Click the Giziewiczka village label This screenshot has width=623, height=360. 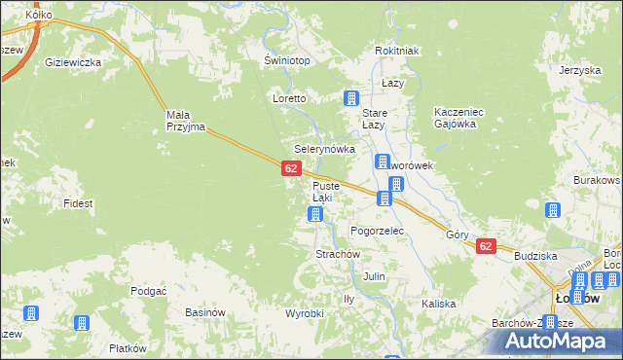[x=73, y=62]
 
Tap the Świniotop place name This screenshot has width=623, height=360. [x=286, y=60]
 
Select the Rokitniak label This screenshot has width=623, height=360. [x=396, y=52]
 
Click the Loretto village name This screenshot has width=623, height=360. [x=289, y=99]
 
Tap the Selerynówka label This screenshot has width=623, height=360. [x=317, y=149]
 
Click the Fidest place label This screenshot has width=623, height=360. [x=78, y=204]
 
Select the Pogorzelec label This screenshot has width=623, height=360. [x=377, y=231]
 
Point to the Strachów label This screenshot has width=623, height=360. [x=311, y=254]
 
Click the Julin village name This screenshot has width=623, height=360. [x=374, y=277]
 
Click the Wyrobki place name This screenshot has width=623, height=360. [x=304, y=313]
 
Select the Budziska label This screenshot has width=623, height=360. [x=535, y=255]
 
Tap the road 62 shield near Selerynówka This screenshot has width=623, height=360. [x=290, y=169]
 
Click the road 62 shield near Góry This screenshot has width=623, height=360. [x=486, y=247]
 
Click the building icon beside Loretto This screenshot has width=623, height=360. [x=351, y=98]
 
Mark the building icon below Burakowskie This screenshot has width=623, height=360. [x=554, y=210]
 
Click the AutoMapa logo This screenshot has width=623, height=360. [x=564, y=341]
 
